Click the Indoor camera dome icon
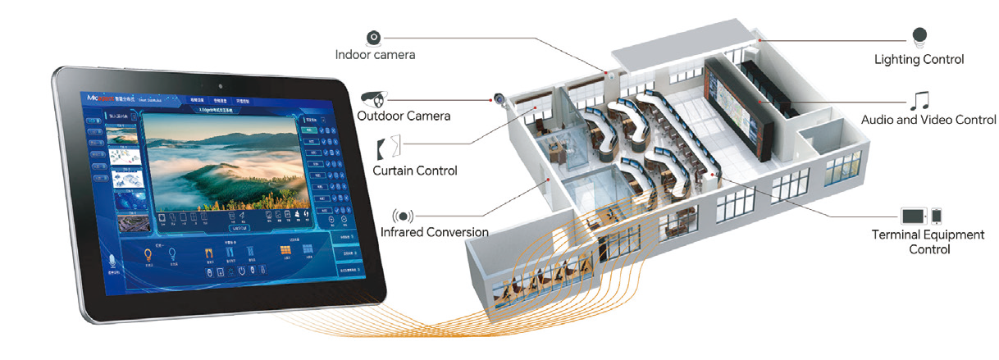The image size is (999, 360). [374, 38]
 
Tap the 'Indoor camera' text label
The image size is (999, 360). [375, 55]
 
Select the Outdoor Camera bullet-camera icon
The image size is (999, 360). [374, 98]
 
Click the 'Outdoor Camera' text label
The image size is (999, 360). [404, 116]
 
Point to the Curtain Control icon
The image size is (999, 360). [388, 148]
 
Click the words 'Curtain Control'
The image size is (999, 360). [414, 171]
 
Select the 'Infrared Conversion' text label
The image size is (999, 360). [435, 232]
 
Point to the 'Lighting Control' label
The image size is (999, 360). [919, 59]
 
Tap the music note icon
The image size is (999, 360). [920, 100]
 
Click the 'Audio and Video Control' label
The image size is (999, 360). [928, 120]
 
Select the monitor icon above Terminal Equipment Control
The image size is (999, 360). [914, 216]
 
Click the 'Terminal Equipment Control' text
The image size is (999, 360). [928, 242]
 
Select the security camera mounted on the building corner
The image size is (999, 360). [499, 98]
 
